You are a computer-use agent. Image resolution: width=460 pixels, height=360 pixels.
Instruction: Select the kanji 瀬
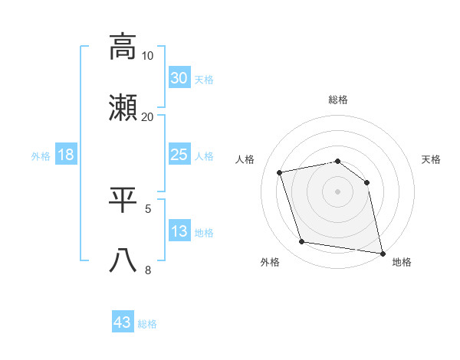(123, 108)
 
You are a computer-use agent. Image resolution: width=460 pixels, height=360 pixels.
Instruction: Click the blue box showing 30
(179, 78)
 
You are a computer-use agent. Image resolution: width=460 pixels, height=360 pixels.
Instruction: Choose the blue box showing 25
(179, 155)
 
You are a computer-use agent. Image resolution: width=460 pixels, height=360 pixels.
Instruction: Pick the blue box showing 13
(179, 231)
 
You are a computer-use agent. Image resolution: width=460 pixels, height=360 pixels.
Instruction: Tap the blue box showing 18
(66, 155)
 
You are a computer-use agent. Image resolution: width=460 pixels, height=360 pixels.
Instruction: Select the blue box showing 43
(123, 322)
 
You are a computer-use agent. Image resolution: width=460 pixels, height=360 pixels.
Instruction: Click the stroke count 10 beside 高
(148, 56)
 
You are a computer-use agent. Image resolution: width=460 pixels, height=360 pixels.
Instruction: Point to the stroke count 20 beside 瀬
(148, 117)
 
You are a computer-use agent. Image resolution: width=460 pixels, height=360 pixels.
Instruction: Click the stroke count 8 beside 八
(148, 270)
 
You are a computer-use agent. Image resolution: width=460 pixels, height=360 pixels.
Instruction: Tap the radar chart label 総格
(338, 100)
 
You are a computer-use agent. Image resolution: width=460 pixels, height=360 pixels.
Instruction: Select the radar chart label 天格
(432, 159)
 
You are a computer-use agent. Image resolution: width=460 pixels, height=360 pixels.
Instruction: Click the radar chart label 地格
(402, 263)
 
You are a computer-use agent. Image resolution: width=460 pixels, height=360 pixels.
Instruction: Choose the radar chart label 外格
(270, 263)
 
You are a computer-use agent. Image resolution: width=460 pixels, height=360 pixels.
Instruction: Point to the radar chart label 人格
(245, 159)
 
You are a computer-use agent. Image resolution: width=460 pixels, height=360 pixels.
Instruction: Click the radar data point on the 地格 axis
(382, 252)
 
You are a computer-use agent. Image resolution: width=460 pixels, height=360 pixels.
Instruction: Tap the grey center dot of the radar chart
(338, 191)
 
